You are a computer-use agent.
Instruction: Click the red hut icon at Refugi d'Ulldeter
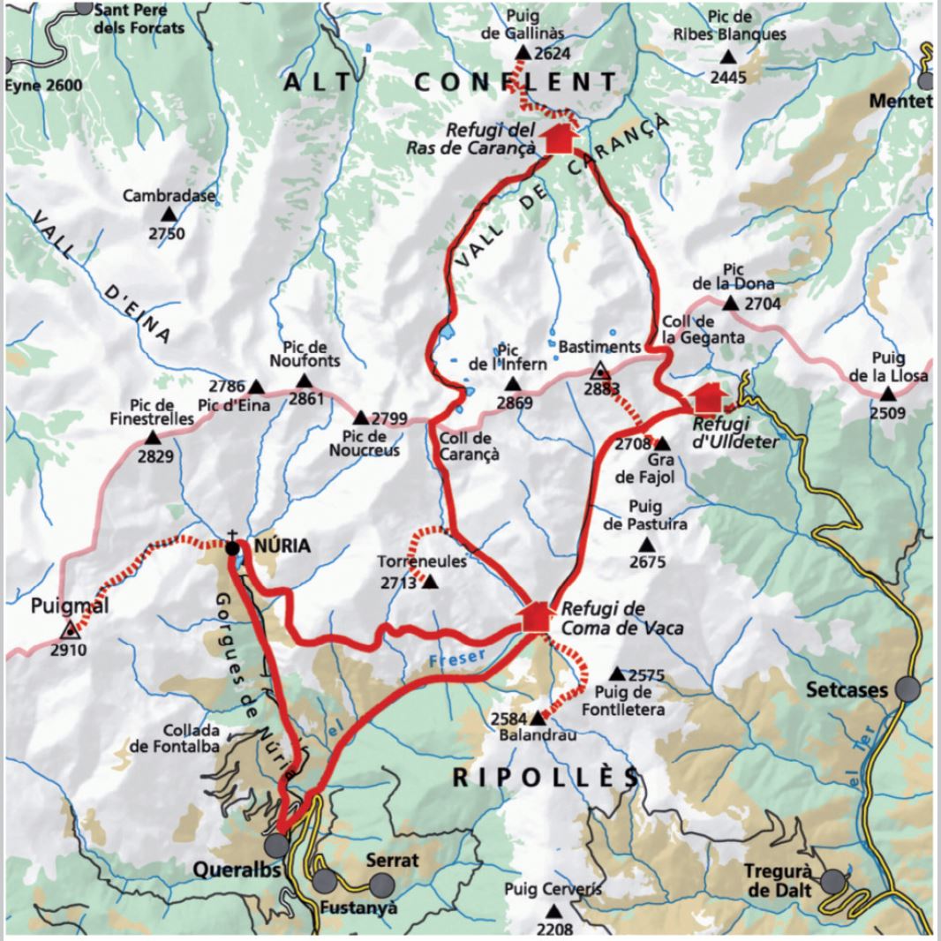coord(708,398)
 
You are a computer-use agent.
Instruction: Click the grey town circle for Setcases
coord(907,689)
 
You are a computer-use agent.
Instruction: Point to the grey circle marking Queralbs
coord(276,846)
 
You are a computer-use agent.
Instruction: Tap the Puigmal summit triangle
coord(69,629)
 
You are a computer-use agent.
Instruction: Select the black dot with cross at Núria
coord(232,547)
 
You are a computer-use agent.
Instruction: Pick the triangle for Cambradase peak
coord(168,215)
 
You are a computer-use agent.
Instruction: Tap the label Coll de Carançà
coord(468,446)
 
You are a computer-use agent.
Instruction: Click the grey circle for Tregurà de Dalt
coord(832,881)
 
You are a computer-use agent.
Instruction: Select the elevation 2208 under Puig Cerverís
coord(553,929)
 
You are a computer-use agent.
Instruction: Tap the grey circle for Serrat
coord(381,884)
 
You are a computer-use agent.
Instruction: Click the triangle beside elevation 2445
coord(728,57)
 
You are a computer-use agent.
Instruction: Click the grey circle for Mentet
coord(926,81)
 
